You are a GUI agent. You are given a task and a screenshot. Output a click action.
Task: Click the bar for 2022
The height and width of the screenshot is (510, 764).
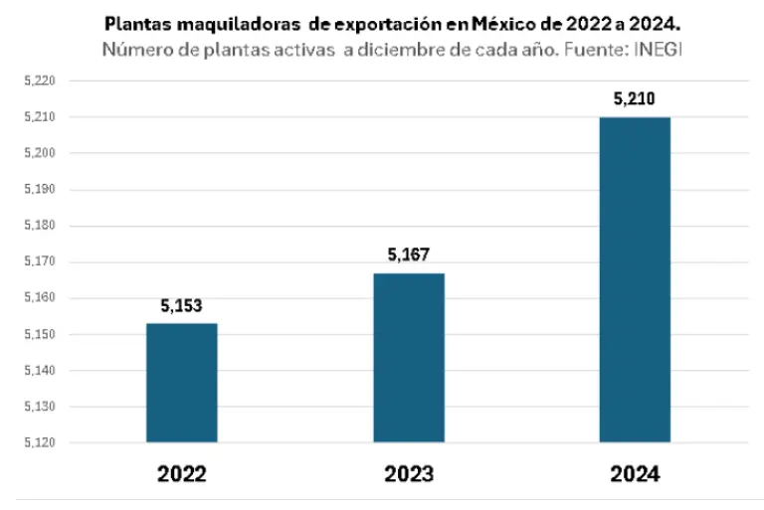[181, 383]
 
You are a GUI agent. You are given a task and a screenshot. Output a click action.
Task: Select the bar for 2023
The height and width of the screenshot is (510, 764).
[409, 358]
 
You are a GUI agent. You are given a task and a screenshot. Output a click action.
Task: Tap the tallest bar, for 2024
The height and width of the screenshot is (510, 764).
[635, 280]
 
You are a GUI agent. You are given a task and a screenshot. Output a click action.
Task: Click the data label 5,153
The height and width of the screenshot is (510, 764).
[181, 306]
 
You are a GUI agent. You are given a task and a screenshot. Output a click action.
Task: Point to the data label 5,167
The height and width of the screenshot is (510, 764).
[409, 255]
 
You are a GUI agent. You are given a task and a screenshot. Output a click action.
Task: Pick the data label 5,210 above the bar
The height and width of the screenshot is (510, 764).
[635, 99]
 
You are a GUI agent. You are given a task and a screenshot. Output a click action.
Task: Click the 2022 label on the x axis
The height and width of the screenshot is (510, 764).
[181, 473]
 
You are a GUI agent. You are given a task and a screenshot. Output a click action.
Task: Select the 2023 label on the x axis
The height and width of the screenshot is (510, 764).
[409, 473]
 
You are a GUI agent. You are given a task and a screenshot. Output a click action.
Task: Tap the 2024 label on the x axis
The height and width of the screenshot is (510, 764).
[635, 473]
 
